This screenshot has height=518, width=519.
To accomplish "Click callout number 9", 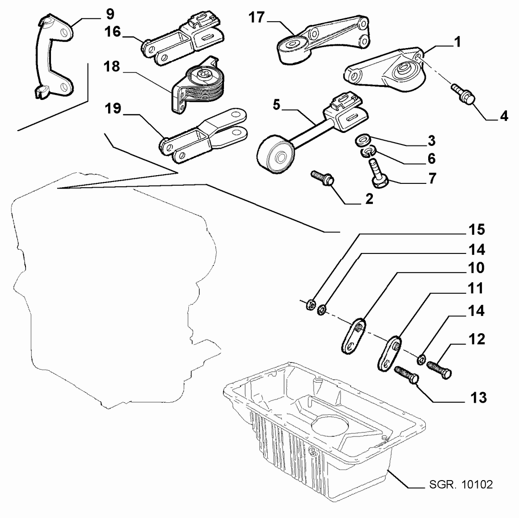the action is click(x=110, y=14).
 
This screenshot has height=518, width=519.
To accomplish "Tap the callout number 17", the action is click(x=257, y=17).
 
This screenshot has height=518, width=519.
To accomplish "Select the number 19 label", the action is click(x=113, y=108).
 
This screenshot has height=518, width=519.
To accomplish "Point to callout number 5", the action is click(x=276, y=105).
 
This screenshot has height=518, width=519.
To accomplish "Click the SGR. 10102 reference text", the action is click(x=461, y=484).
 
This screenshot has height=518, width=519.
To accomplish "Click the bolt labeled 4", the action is click(x=463, y=94).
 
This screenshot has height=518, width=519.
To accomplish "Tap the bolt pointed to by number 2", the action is click(x=322, y=179).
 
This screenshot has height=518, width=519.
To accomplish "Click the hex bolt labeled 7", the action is click(x=379, y=174).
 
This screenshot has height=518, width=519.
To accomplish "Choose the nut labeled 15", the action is click(x=310, y=304).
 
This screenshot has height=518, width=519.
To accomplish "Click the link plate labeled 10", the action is click(x=353, y=336).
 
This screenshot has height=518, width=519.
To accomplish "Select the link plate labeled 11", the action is click(x=389, y=353).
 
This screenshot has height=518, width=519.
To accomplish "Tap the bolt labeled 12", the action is click(x=439, y=369).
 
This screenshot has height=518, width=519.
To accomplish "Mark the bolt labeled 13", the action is click(x=407, y=375).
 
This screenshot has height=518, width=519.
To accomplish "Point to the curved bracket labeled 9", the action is click(x=54, y=56).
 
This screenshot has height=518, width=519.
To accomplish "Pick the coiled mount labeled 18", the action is click(x=198, y=86).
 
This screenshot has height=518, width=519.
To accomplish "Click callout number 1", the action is click(x=457, y=42).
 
